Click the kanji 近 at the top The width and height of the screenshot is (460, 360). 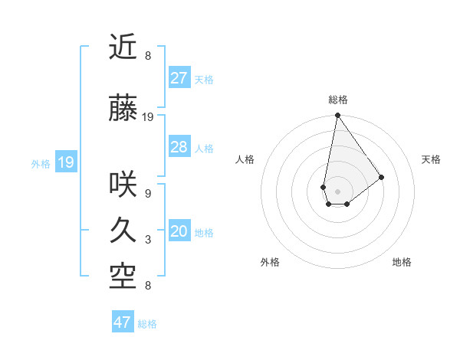coord(123,47)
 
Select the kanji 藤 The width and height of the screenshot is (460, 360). coord(123,110)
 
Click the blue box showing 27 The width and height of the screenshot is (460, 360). coord(179,78)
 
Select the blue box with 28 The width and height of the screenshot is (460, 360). coord(179,147)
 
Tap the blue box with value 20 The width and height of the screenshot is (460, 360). coord(179,232)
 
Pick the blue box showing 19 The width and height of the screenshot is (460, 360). coord(66,162)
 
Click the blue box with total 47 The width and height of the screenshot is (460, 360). coord(123,322)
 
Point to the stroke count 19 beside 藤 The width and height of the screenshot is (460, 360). coord(148,117)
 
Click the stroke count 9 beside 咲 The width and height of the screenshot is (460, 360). coord(147,194)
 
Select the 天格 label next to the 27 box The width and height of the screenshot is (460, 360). coord(204,79)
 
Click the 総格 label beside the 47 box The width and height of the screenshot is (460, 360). coord(147,324)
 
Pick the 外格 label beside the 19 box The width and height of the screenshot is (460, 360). coord(41,163)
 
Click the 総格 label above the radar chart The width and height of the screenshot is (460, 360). coord(337,100)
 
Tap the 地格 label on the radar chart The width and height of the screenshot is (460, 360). coord(402,262)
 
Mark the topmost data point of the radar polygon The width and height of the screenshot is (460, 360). coord(337,116)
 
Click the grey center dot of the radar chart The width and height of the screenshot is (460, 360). coord(337,190)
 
